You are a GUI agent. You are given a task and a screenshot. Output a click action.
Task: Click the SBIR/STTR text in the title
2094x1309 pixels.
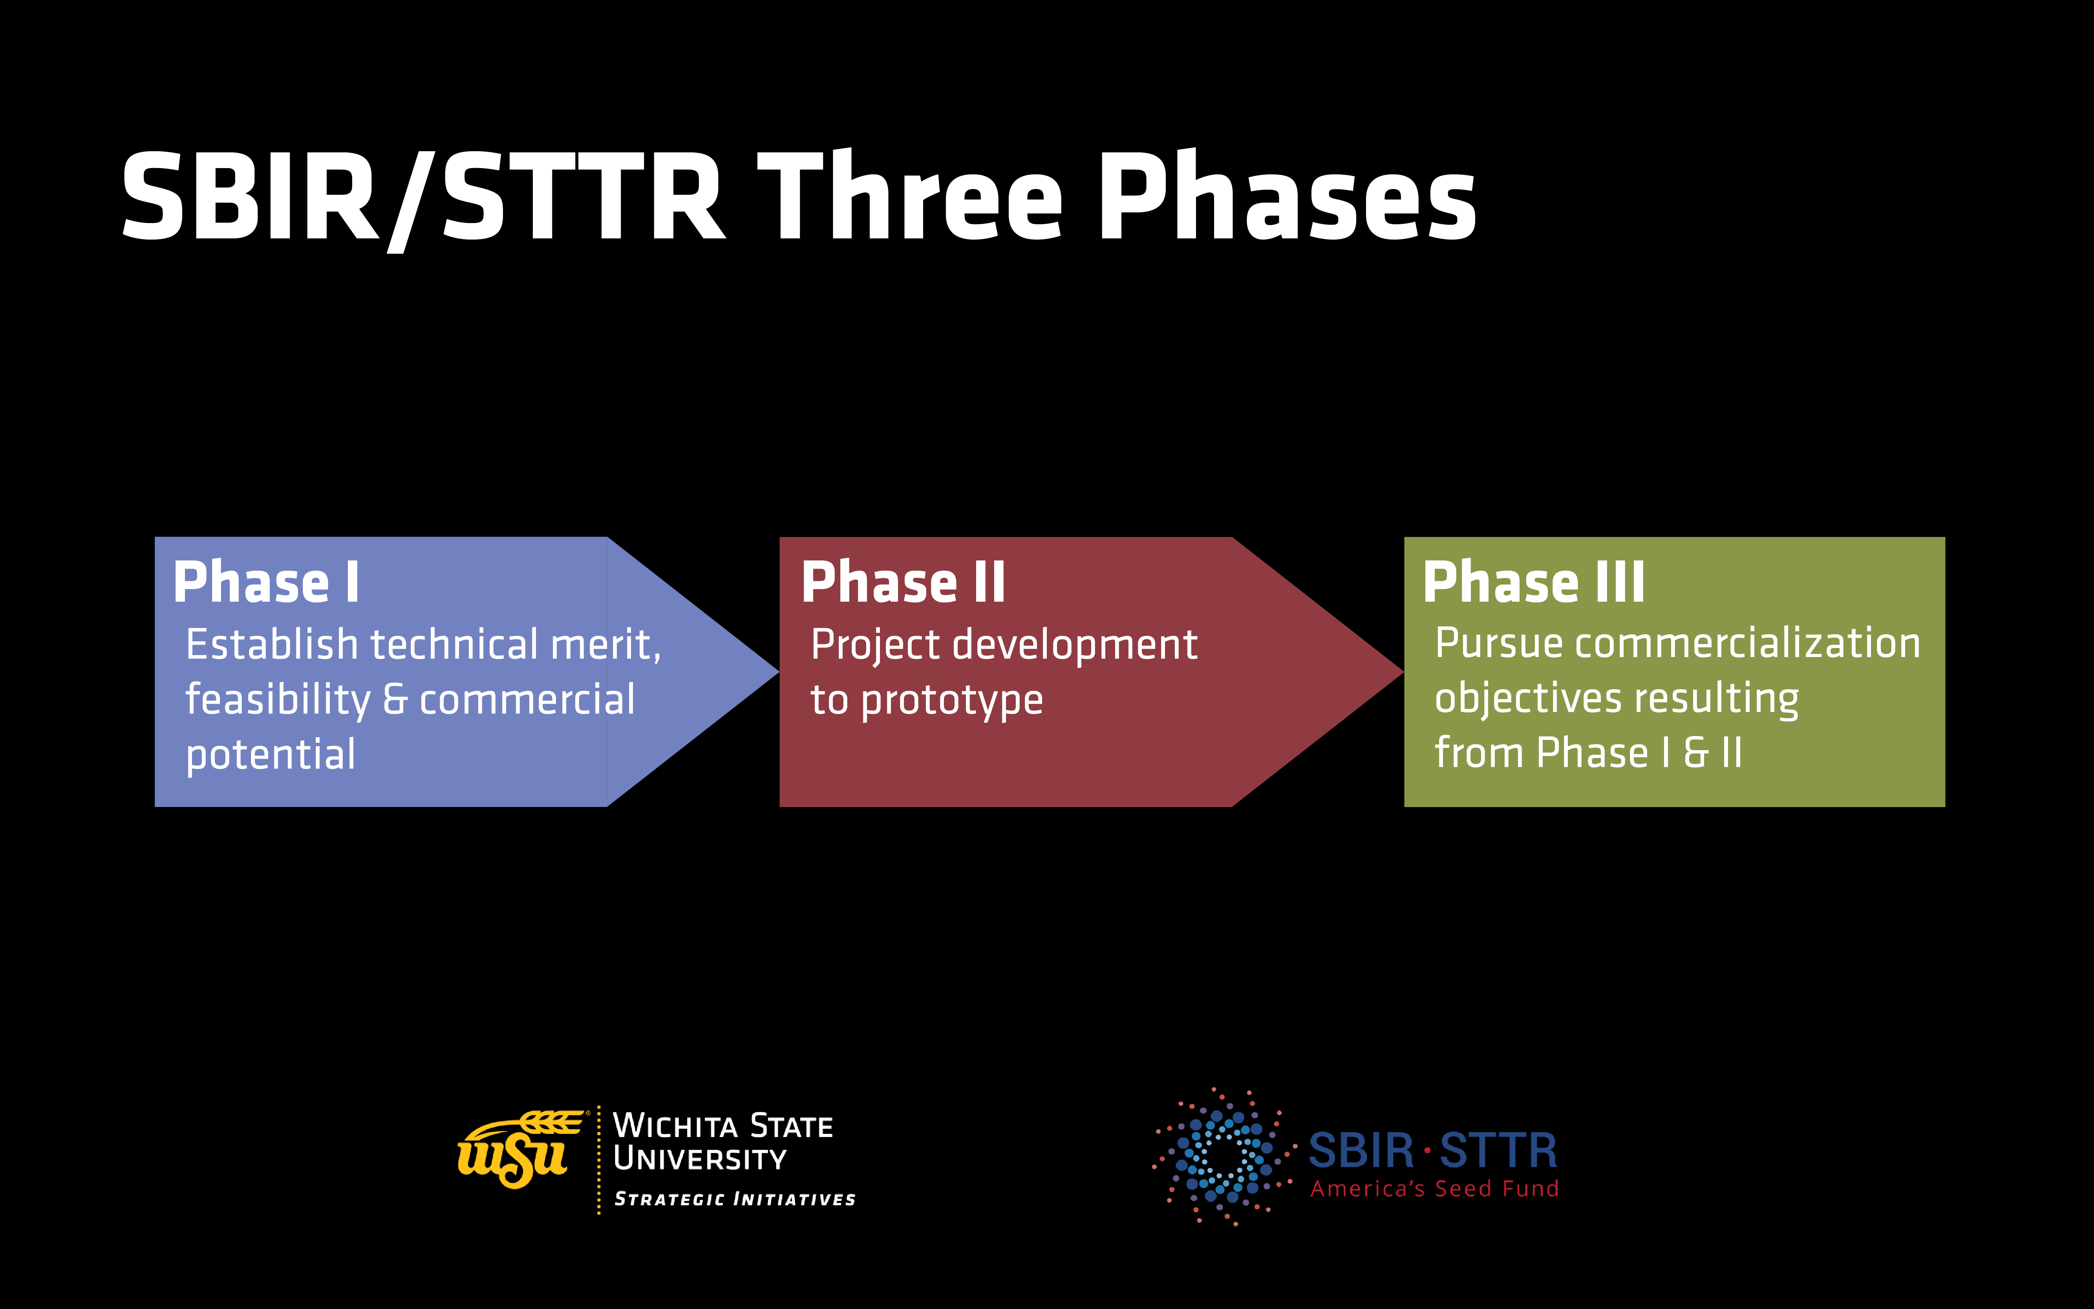point(422,198)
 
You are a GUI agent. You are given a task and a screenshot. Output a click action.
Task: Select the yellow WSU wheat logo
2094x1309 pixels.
point(518,1150)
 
